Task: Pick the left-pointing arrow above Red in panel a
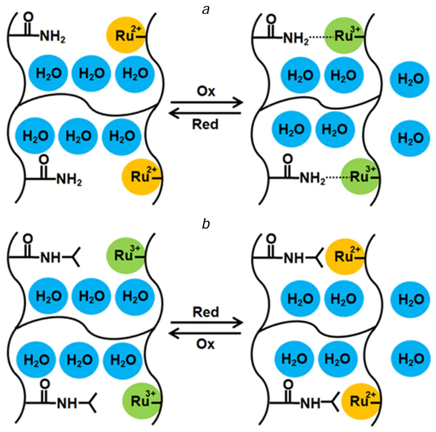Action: click(x=206, y=112)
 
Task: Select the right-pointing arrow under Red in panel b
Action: click(x=206, y=323)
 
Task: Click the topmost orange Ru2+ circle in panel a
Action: click(x=124, y=32)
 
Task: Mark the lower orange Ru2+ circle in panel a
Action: click(x=140, y=176)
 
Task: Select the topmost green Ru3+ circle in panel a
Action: click(x=344, y=36)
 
